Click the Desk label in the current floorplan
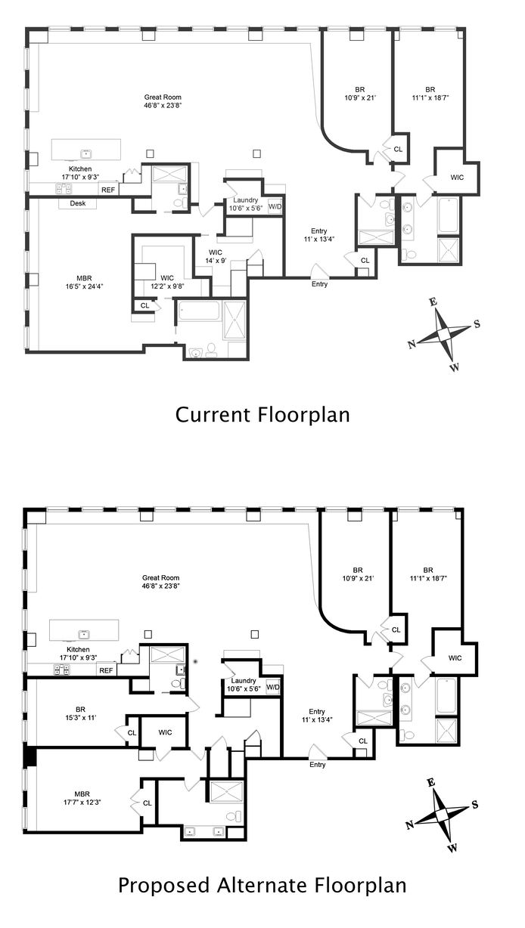pyautogui.click(x=78, y=203)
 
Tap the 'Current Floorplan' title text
pyautogui.click(x=262, y=415)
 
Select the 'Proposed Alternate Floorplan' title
pyautogui.click(x=262, y=886)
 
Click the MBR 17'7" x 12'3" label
pyautogui.click(x=82, y=798)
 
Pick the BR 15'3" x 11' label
pyautogui.click(x=80, y=714)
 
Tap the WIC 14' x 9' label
pyautogui.click(x=216, y=256)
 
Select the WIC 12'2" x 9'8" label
pyautogui.click(x=167, y=282)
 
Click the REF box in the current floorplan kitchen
pyautogui.click(x=108, y=190)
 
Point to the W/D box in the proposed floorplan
pyautogui.click(x=273, y=687)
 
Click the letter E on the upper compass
pyautogui.click(x=433, y=302)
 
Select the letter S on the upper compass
pyautogui.click(x=477, y=324)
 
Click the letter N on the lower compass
pyautogui.click(x=410, y=825)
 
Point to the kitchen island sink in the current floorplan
pyautogui.click(x=86, y=154)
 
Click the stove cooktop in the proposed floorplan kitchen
pyautogui.click(x=61, y=669)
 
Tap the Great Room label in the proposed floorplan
pyautogui.click(x=161, y=582)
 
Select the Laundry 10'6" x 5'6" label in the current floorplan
pyautogui.click(x=246, y=204)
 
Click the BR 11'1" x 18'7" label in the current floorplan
pyautogui.click(x=430, y=94)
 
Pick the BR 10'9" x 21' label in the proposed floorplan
pyautogui.click(x=358, y=574)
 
